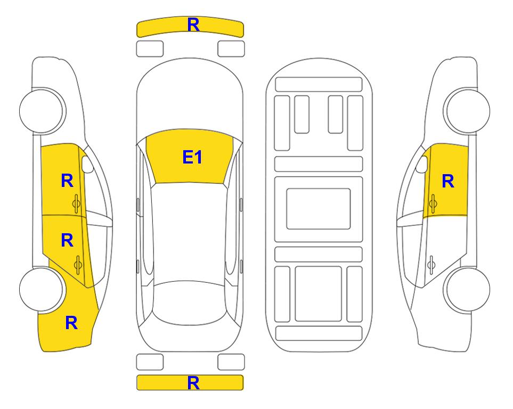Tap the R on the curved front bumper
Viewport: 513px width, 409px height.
pos(193,24)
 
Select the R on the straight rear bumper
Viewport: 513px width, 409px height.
pos(193,382)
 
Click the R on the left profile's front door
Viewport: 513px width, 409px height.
pos(67,181)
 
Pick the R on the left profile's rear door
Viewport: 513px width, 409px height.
pos(67,241)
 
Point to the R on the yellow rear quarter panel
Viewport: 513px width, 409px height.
pos(71,323)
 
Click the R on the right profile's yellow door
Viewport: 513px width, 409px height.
pos(448,181)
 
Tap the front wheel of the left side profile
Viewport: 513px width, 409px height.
pos(42,111)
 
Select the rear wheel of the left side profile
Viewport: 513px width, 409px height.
pos(42,289)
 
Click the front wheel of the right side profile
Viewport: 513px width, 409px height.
pos(468,111)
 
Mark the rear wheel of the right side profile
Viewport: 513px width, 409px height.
pos(468,289)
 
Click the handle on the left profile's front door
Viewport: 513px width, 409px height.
pos(77,204)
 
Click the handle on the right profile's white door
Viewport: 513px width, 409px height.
pos(431,265)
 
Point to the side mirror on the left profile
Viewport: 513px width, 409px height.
pos(87,164)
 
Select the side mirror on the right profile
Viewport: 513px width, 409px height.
pos(422,164)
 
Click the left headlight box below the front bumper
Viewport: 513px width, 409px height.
pos(150,49)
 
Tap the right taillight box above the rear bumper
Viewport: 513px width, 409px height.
pos(231,362)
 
